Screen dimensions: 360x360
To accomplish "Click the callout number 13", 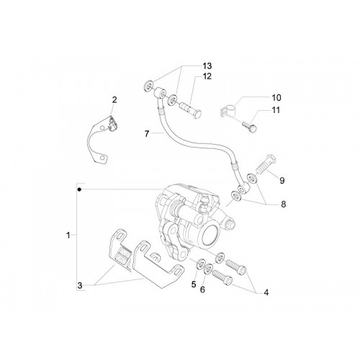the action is [207, 66].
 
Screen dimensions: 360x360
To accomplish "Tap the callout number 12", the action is [207, 76].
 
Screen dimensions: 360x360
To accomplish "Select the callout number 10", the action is [276, 98].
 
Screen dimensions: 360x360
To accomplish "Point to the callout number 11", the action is [276, 110].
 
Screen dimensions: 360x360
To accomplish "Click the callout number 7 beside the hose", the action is [147, 133].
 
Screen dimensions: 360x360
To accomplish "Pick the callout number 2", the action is [114, 99].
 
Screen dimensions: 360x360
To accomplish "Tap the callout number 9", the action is [282, 180].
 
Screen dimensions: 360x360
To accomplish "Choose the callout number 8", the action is [284, 204].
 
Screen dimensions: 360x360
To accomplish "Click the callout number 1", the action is [68, 235].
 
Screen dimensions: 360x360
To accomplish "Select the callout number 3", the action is [80, 286].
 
